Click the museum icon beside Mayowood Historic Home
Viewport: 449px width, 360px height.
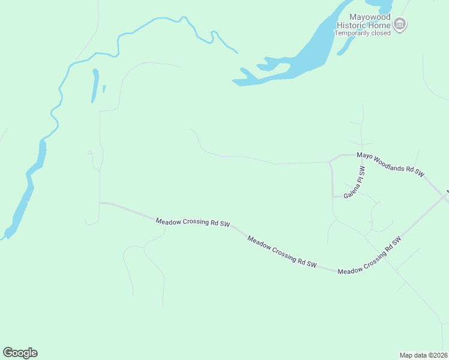pos(400,25)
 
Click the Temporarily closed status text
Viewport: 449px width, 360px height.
pos(363,33)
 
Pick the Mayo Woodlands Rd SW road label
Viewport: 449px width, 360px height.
pos(390,164)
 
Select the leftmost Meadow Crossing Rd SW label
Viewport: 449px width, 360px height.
pos(193,222)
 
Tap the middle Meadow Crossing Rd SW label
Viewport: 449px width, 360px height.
pos(282,250)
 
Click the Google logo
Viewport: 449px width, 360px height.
pos(20,352)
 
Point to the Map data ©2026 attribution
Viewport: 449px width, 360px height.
pos(423,355)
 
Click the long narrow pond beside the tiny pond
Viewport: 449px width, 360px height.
pos(95,85)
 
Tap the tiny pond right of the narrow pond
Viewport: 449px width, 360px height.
pos(104,89)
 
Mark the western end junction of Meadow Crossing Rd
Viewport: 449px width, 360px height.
pos(100,203)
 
